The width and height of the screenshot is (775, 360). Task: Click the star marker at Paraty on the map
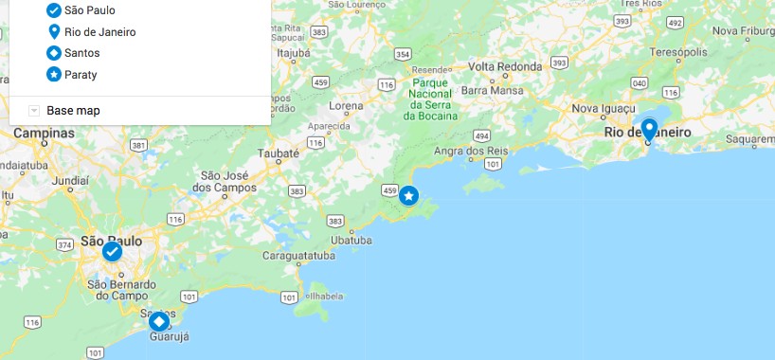pyautogui.click(x=408, y=196)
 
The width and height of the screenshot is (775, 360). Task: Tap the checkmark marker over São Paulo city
pyautogui.click(x=112, y=251)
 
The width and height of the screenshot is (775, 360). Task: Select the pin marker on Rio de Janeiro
pyautogui.click(x=649, y=129)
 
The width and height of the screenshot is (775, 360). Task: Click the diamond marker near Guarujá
pyautogui.click(x=159, y=322)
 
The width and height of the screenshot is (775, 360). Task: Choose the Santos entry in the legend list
pyautogui.click(x=81, y=53)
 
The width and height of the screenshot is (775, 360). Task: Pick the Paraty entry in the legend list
pyautogui.click(x=81, y=74)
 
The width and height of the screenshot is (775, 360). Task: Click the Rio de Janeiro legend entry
pyautogui.click(x=99, y=32)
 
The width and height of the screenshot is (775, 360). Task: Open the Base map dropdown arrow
pyautogui.click(x=34, y=111)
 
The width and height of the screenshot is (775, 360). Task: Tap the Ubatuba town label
pyautogui.click(x=351, y=240)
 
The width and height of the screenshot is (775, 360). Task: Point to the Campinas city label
pyautogui.click(x=44, y=134)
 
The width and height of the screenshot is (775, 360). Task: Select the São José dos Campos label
pyautogui.click(x=227, y=181)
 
